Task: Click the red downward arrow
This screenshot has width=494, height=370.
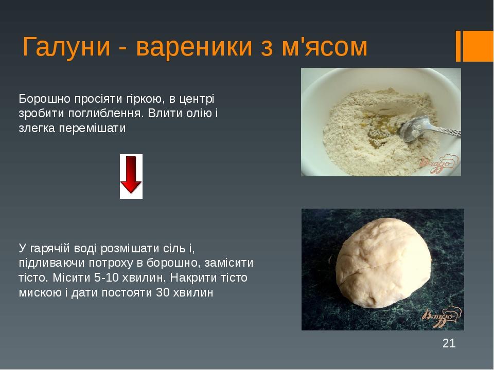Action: (x=131, y=176)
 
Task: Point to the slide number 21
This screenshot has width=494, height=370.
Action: (x=449, y=343)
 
